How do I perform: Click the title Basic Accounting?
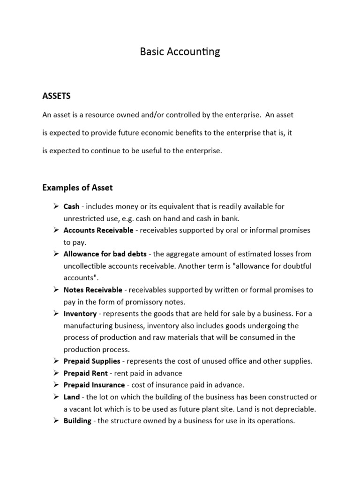[180, 52]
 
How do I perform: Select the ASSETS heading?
[56, 96]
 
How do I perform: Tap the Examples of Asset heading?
[77, 188]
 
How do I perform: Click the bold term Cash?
[71, 206]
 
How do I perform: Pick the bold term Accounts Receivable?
[98, 230]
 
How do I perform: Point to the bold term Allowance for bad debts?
[105, 254]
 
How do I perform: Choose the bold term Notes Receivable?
[93, 290]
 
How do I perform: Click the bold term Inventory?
[80, 314]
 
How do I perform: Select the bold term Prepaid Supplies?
[92, 361]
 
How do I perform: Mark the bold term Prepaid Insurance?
[94, 385]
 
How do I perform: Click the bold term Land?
[72, 397]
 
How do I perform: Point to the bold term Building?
[77, 421]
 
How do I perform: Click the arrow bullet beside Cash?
[54, 206]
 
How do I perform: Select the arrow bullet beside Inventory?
[54, 314]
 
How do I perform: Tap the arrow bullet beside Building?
[54, 421]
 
